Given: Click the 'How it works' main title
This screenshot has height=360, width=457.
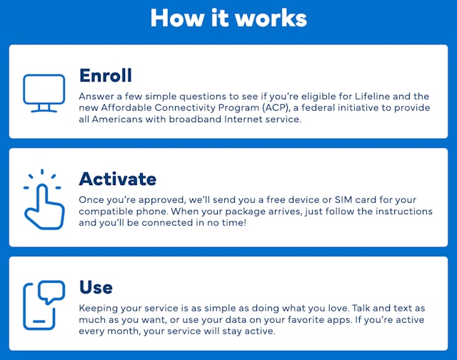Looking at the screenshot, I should pos(228,19).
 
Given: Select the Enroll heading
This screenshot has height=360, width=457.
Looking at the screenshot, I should pos(106,75).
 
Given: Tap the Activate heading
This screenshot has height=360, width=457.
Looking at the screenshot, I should pos(117,178).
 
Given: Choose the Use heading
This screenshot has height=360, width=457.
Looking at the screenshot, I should pos(96,287).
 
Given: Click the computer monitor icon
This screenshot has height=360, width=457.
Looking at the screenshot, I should pos(44,93).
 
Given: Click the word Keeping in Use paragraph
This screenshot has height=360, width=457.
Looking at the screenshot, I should pos(99,307).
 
